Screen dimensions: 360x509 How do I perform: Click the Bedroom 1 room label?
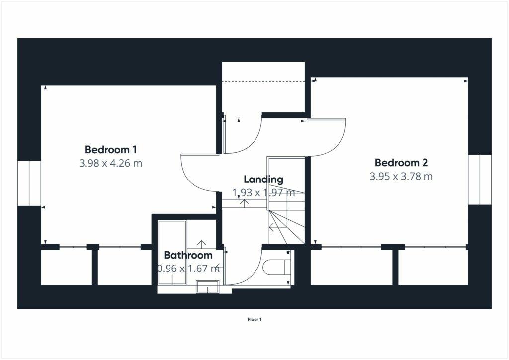(111, 149)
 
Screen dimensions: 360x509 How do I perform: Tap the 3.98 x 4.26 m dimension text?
(111, 163)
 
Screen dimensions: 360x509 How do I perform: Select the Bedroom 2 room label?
(401, 162)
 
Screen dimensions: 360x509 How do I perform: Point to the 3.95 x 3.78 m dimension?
(401, 176)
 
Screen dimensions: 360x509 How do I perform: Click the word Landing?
(263, 180)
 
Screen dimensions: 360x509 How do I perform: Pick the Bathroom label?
(188, 256)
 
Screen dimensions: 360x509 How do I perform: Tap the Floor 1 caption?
(254, 320)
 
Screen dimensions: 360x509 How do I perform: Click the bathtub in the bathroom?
(172, 253)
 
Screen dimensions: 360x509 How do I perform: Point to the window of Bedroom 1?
(29, 182)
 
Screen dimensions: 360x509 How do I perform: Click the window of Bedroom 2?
(480, 179)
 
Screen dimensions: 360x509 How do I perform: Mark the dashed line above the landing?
(263, 81)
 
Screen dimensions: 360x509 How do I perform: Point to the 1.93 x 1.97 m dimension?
(263, 193)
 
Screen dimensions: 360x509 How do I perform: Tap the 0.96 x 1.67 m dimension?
(188, 269)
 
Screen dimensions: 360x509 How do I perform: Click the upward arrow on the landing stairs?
(245, 202)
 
